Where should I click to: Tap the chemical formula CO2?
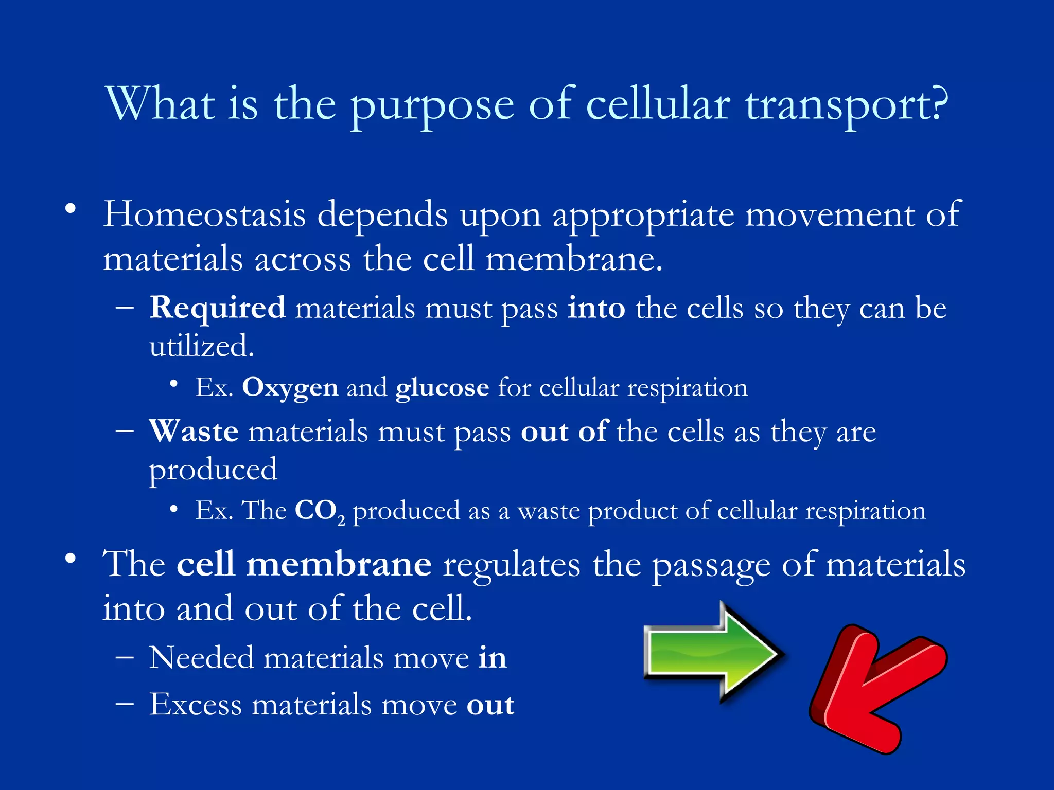click(319, 511)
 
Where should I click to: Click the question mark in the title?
click(938, 104)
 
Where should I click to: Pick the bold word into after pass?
click(596, 308)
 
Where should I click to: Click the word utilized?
click(201, 346)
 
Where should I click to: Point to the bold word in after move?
click(492, 658)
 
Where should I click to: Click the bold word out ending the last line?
click(490, 705)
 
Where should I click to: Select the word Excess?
click(196, 704)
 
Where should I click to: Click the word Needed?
click(201, 658)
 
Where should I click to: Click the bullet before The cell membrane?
click(71, 559)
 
